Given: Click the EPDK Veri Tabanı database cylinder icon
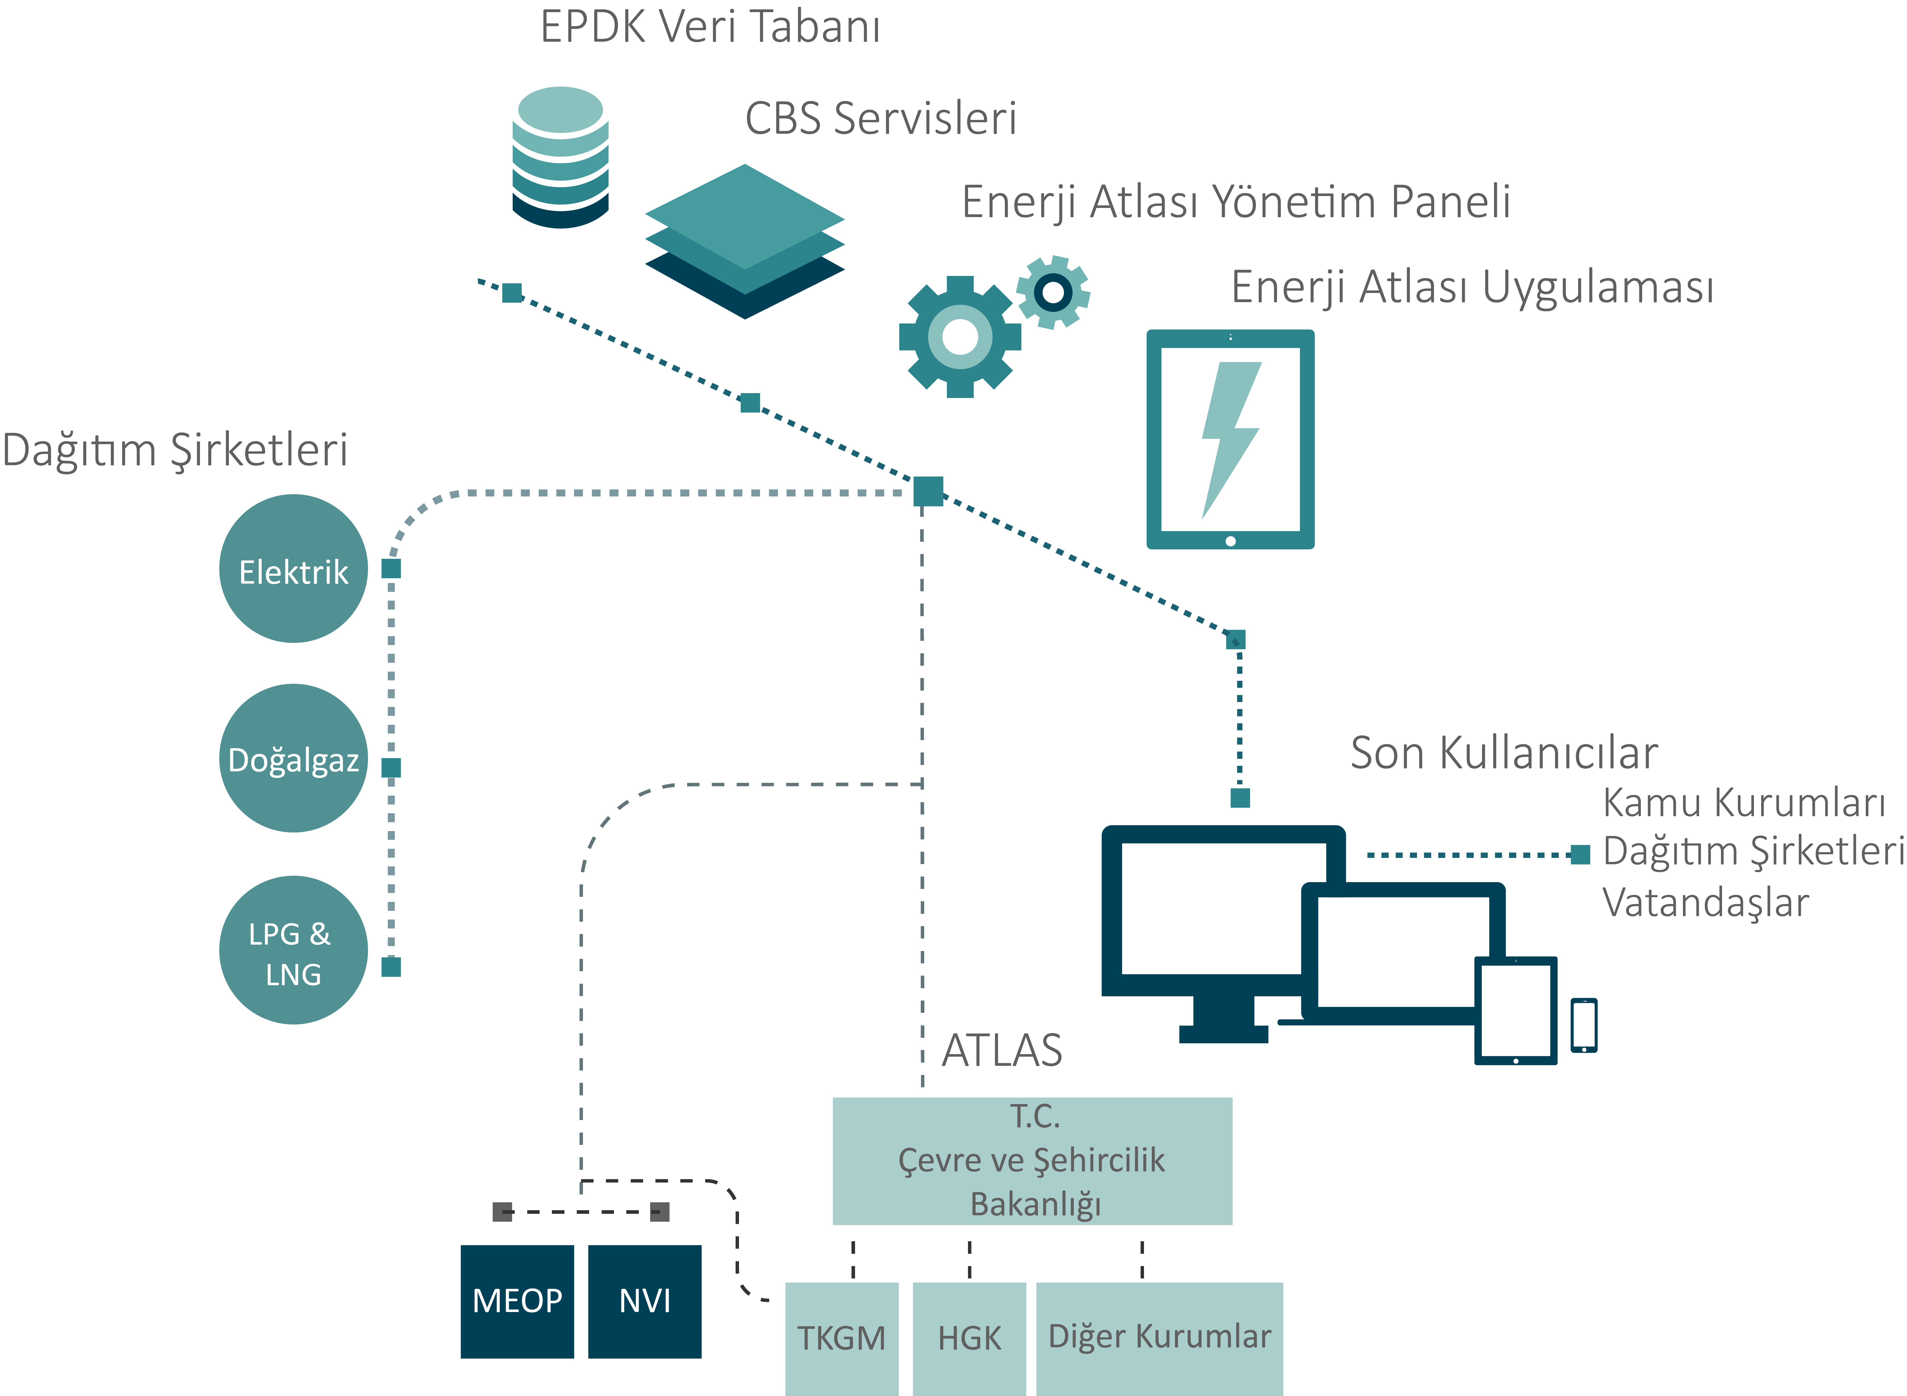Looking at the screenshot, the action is (560, 157).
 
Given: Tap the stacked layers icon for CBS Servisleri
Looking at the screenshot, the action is (744, 242).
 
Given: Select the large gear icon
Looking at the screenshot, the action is (960, 336).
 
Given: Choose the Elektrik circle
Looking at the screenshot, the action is (293, 569).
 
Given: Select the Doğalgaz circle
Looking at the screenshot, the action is (293, 758).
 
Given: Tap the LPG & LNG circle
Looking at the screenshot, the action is (293, 950).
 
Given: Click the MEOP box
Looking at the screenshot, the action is (517, 1301).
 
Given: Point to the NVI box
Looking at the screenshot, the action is (645, 1301).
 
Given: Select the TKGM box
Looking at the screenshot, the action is (841, 1339).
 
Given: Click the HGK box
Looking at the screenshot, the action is (969, 1339).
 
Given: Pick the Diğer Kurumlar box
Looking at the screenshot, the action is (1159, 1339).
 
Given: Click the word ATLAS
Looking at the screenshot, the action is (1002, 1051).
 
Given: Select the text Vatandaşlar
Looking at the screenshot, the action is (1705, 903).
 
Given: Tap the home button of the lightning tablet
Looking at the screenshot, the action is (1230, 541).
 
